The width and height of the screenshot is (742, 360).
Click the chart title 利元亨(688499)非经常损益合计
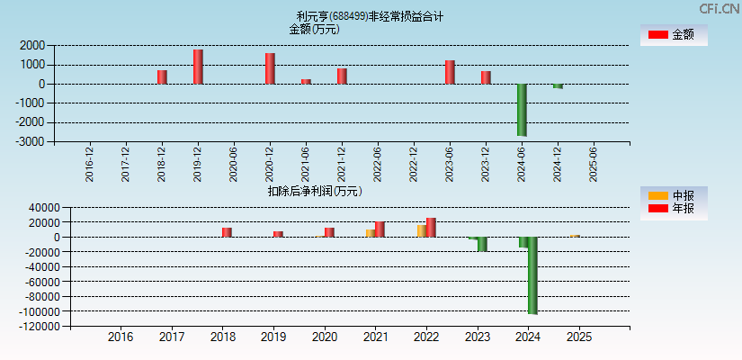[370, 16]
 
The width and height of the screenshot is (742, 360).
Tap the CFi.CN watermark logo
[720, 8]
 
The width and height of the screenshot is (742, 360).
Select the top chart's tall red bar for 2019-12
[198, 67]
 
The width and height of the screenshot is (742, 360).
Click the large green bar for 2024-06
[522, 110]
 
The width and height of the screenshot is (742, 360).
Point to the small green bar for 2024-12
[558, 86]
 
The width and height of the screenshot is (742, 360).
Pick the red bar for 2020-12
[270, 68]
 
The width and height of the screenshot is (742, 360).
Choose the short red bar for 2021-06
[306, 81]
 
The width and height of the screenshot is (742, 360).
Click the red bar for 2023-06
[450, 72]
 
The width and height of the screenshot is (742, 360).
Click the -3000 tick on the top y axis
[32, 142]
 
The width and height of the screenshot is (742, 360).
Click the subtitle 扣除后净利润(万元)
[314, 191]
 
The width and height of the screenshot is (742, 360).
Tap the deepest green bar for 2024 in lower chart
[532, 274]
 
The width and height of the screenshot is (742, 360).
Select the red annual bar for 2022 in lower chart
[431, 227]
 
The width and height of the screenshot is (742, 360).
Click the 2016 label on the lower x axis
[121, 337]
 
